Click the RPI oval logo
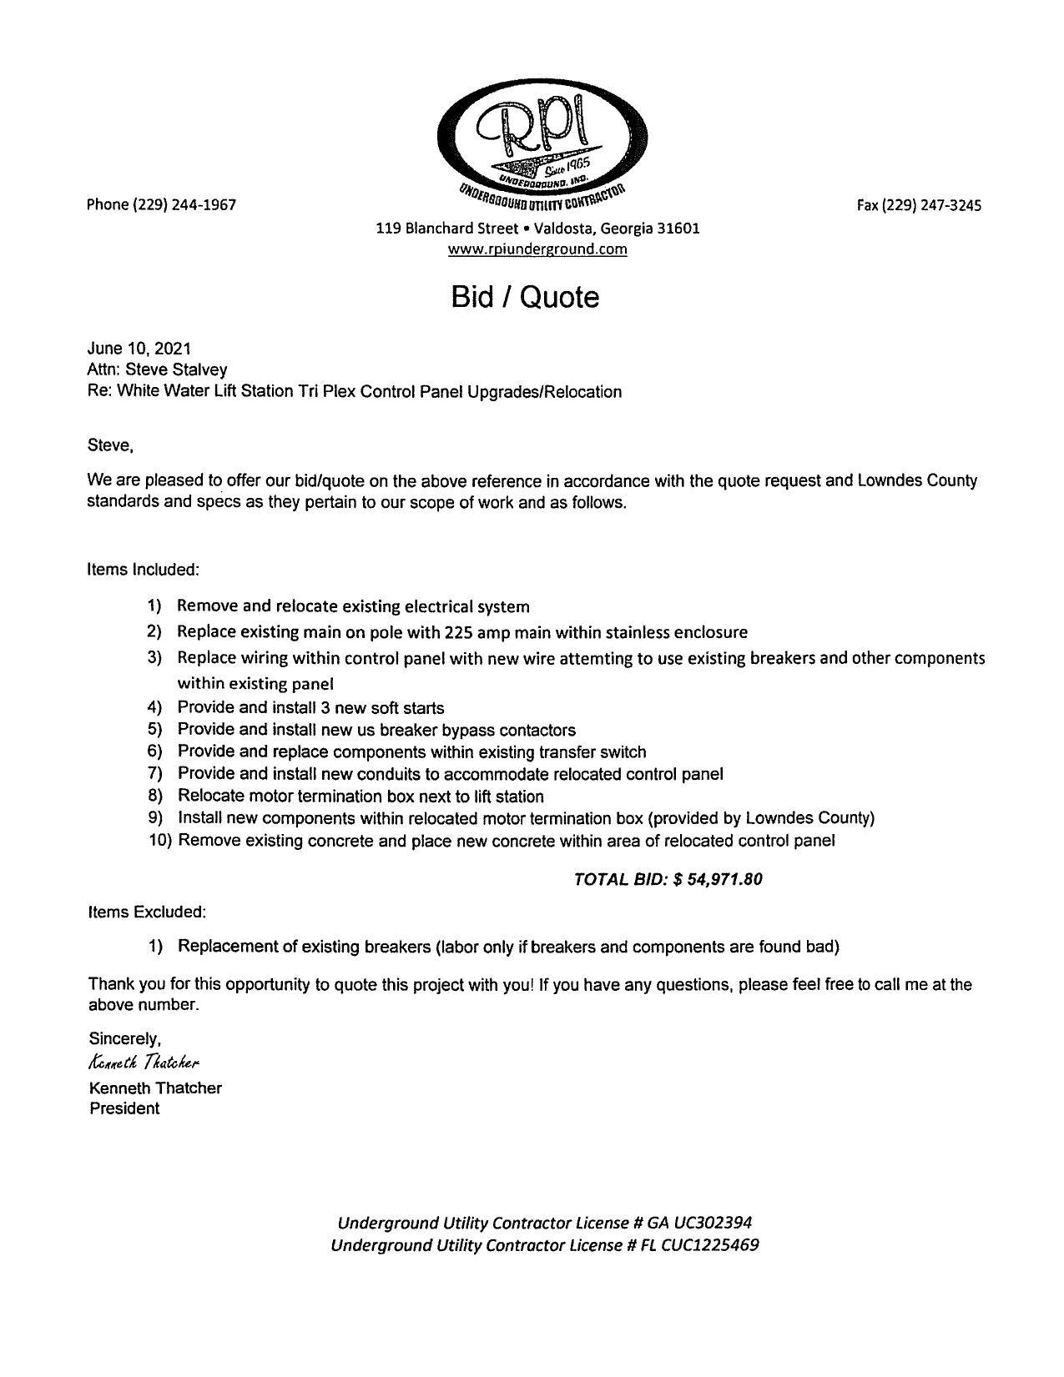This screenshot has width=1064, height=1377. pos(542,138)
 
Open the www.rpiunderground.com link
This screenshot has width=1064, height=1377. pos(537,249)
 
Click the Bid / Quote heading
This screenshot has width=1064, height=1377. pos(525,297)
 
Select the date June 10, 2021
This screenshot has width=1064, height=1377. pos(139,349)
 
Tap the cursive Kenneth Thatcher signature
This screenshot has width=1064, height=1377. pos(144,1063)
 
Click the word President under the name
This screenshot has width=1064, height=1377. pos(124,1108)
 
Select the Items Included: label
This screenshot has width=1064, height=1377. pos(144,570)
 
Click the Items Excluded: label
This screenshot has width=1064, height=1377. pos(147,912)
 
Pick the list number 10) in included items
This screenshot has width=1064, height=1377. pos(160,841)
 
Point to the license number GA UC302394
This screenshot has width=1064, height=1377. pos(699,1223)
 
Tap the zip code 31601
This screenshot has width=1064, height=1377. pos(678,228)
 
